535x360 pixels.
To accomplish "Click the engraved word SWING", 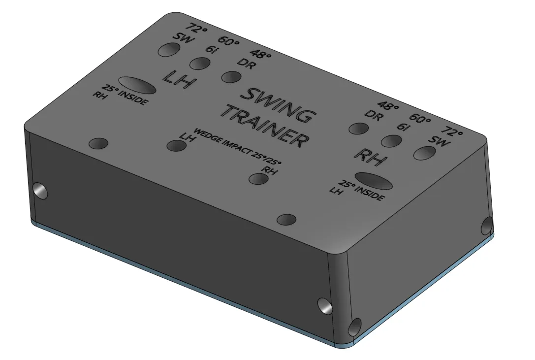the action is click(277, 105).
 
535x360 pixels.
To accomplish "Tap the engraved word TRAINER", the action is click(268, 127).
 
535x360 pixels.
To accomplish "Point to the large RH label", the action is click(371, 157).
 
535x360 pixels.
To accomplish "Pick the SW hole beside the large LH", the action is click(169, 50).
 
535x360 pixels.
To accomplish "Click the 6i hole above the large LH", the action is click(200, 64).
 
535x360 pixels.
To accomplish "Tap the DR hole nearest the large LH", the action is click(231, 77).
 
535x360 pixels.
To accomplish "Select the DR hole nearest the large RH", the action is click(359, 129).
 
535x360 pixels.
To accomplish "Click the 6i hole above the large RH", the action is click(391, 141).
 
